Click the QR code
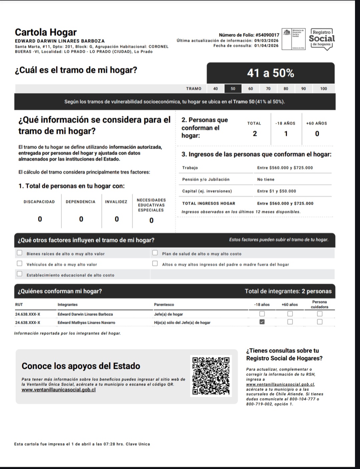pos(211,376)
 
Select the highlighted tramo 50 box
pos(233,88)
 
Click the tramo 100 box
pos(323,88)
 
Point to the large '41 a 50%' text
pos(270,73)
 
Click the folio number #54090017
pos(267,35)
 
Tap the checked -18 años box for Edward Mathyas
pos(262,322)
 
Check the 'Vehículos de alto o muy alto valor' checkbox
pos(20,264)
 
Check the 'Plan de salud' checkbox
pos(155,253)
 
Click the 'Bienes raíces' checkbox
pos(20,253)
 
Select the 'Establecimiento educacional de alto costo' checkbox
pos(20,274)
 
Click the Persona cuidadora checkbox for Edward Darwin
pos(320,314)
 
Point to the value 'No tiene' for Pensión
pos(266,179)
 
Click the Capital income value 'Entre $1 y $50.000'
pos(276,191)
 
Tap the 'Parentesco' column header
pos(164,305)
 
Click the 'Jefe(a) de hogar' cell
pos(168,314)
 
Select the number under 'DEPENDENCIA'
pos(81,219)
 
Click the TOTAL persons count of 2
pos(255,134)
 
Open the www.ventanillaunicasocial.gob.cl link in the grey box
pos(59,390)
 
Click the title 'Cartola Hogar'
pos(46,32)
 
